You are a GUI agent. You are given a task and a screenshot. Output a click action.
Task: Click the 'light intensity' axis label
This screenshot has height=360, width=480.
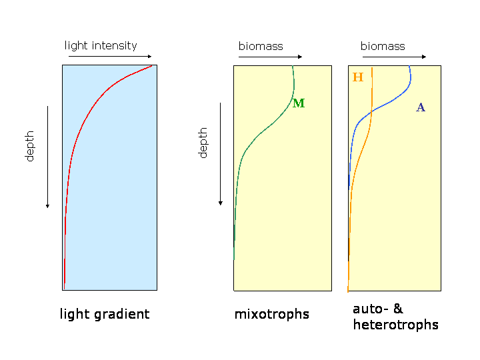101,46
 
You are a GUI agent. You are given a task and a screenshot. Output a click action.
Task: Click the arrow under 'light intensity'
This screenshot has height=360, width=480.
110,56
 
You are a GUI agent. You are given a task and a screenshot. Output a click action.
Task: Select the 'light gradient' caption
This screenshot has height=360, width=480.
105,315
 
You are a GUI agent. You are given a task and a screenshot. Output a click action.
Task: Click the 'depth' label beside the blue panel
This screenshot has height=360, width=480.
29,146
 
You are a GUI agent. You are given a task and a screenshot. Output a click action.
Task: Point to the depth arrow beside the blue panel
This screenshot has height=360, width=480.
47,157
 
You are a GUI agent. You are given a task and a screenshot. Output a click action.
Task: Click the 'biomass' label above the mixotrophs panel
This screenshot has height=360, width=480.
261,46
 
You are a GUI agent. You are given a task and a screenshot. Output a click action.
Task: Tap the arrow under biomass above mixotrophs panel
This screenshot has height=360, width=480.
270,57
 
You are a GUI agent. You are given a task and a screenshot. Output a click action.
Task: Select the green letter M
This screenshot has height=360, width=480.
299,103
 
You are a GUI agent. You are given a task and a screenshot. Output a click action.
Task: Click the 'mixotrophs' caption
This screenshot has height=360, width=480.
272,315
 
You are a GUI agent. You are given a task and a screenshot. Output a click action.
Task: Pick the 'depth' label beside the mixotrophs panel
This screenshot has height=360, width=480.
203,143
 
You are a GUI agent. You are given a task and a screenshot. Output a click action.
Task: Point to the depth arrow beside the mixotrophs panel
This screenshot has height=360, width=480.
221,154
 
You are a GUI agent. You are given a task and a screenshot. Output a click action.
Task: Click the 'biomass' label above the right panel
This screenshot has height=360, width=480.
383,46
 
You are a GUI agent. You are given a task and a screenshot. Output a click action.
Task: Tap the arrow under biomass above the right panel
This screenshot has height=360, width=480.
394,57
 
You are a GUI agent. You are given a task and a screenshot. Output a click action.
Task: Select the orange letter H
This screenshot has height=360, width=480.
358,77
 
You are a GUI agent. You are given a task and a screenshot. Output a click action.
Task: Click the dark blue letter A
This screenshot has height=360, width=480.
421,107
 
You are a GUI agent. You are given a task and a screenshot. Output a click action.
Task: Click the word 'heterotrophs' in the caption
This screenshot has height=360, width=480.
396,325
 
